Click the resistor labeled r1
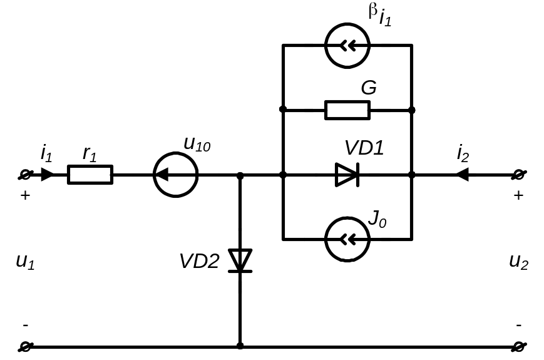point(90,175)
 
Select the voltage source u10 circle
point(176,175)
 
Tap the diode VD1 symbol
point(347,175)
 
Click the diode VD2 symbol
point(239,260)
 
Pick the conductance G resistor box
point(347,110)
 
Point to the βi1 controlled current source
point(347,45)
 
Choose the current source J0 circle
point(347,239)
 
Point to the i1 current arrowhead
point(47,175)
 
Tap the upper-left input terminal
point(26,175)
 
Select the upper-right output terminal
point(518,175)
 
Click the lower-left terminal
point(26,346)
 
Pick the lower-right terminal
point(518,346)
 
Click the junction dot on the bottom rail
point(240,346)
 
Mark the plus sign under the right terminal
point(518,195)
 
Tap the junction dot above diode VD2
point(240,176)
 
